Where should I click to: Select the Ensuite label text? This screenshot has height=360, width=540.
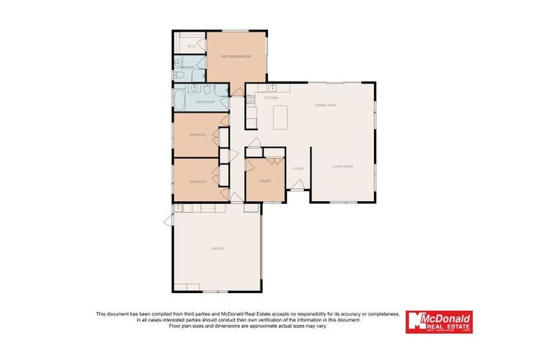[189, 67]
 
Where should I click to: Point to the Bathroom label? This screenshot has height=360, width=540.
[205, 103]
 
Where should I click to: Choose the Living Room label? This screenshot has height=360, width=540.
[342, 166]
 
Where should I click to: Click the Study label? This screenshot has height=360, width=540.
[264, 181]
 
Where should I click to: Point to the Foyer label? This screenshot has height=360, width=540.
[298, 169]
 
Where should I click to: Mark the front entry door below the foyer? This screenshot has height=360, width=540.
[297, 186]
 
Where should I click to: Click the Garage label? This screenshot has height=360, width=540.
[217, 248]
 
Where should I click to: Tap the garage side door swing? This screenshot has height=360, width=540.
[169, 220]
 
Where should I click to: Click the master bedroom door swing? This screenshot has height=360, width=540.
[238, 89]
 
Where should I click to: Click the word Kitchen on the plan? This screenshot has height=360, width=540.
[271, 98]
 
